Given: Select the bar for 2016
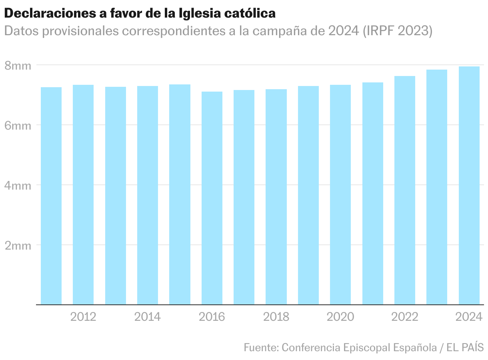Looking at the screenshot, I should tap(212, 198).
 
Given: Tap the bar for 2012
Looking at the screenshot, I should tap(83, 194).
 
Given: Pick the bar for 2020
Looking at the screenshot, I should tap(340, 194).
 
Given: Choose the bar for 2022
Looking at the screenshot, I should tap(404, 190).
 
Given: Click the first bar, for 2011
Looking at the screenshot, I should tap(51, 196).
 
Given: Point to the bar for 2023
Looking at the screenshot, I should tap(437, 187).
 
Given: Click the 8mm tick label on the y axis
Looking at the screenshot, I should tap(18, 66).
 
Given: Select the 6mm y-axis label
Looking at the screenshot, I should tap(18, 126).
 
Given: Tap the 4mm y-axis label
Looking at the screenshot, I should tap(18, 186).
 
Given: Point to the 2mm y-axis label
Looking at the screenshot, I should tap(18, 246).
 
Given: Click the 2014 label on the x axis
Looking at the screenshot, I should tap(147, 317).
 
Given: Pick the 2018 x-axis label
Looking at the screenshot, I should tap(276, 317).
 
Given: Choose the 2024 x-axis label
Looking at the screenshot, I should tap(469, 317).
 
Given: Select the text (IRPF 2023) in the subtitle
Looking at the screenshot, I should tap(397, 31).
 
